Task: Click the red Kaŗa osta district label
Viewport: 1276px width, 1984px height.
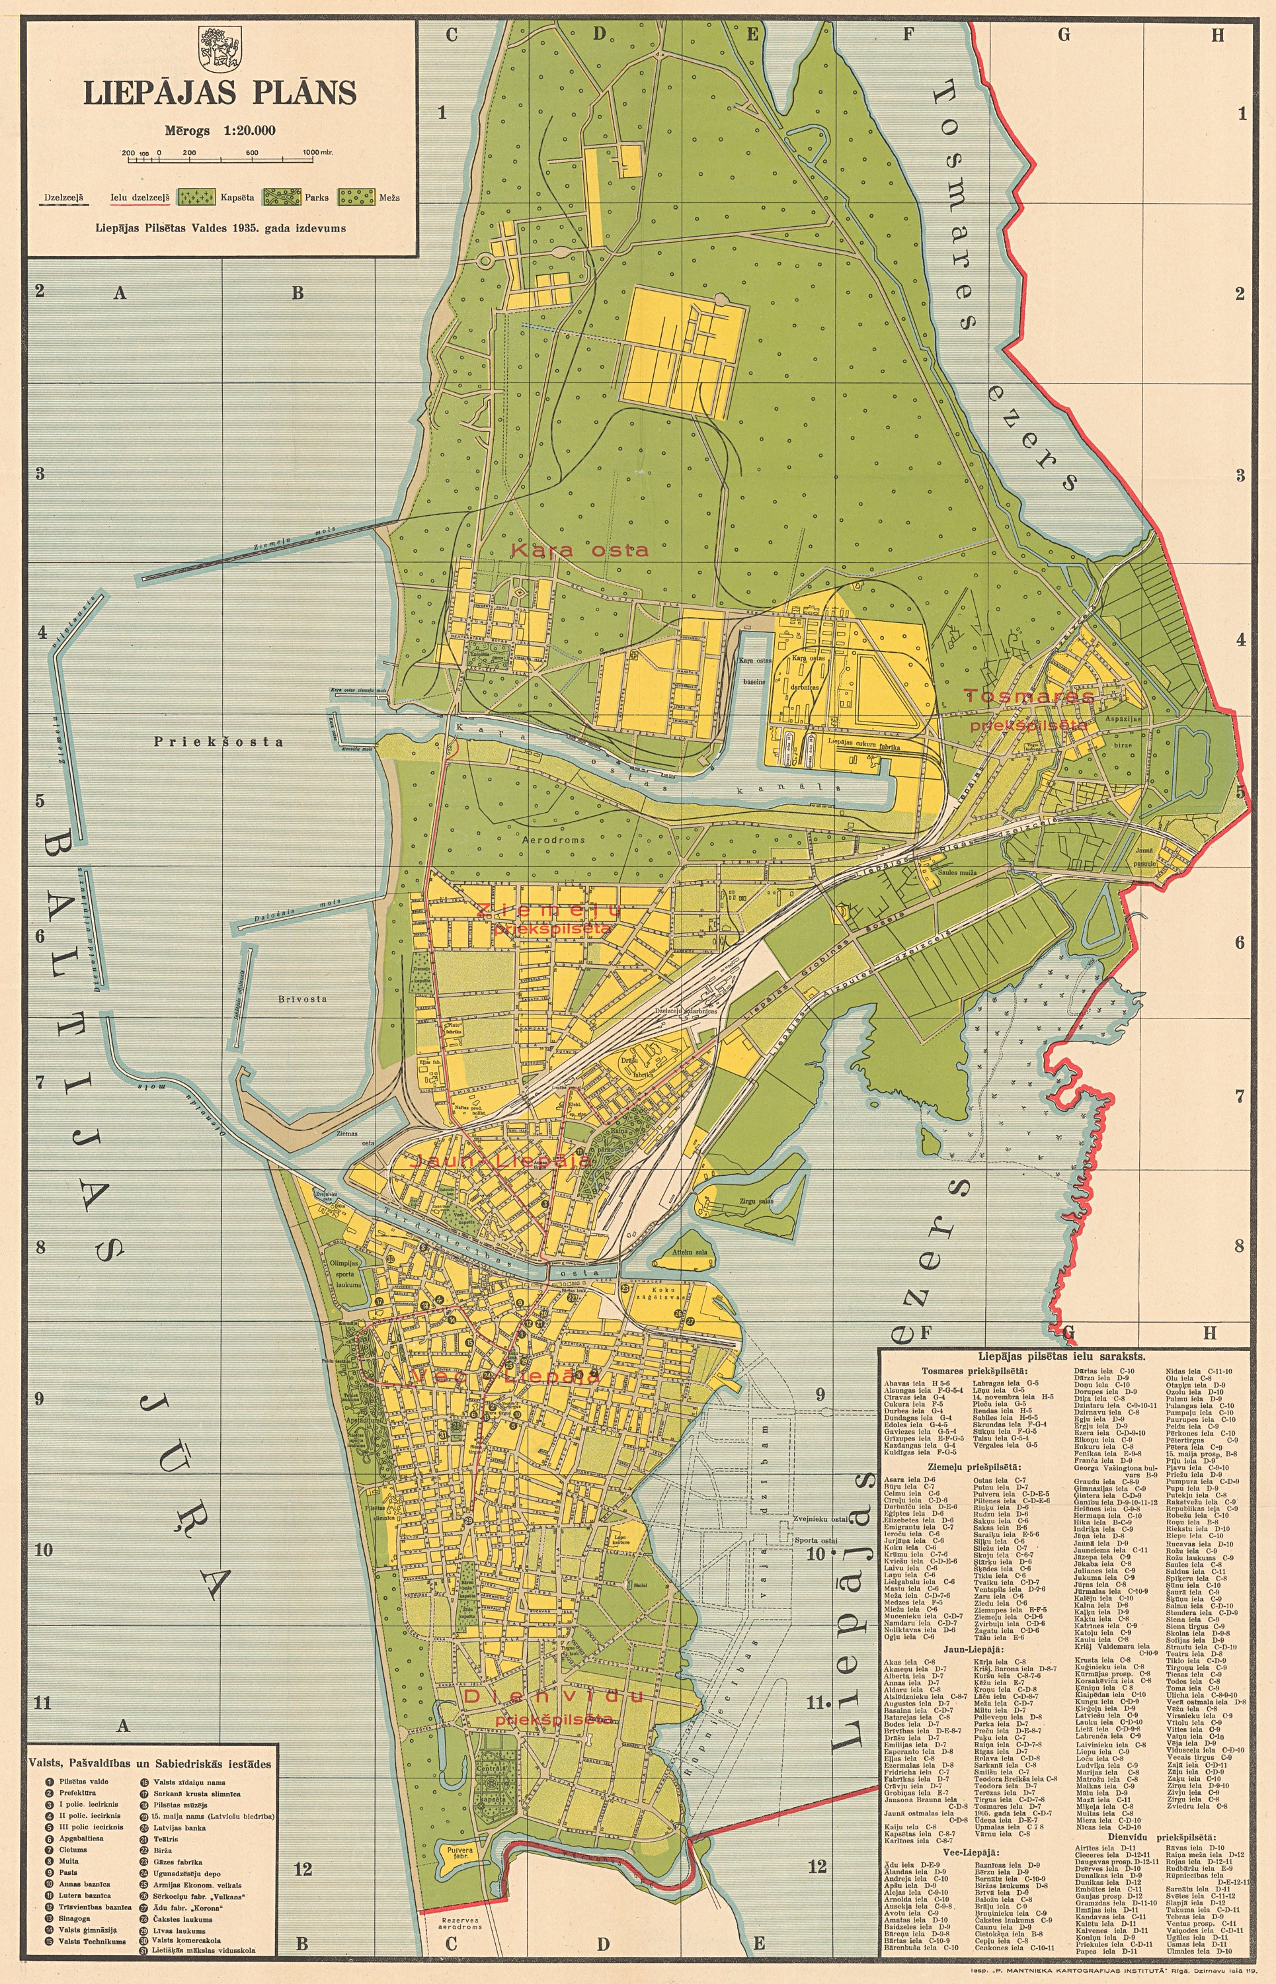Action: pos(579,550)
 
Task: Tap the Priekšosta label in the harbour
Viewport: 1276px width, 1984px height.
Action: pos(219,742)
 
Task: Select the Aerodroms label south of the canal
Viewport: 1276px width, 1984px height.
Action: pos(553,839)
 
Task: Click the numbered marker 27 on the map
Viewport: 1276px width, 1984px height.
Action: pos(690,1323)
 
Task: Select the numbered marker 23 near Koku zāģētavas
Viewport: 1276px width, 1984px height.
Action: pos(624,1290)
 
